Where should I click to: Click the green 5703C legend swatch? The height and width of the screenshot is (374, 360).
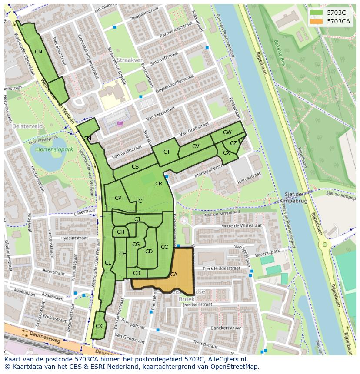tap(316, 13)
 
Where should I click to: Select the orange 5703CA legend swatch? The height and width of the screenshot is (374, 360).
tap(316, 21)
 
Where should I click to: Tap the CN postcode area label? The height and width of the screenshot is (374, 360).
tap(38, 52)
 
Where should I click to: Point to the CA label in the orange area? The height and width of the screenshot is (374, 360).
tap(174, 274)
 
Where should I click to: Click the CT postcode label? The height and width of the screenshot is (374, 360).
tap(167, 152)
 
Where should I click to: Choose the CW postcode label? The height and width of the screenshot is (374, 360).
tap(227, 132)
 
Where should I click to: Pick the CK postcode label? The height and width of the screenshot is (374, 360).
tap(99, 326)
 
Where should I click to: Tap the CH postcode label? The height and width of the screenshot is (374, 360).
tap(120, 232)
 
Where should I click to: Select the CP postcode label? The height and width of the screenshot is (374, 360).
tap(118, 198)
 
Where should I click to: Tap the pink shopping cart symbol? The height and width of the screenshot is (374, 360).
tap(120, 123)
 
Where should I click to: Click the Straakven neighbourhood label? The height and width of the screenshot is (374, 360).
tap(130, 60)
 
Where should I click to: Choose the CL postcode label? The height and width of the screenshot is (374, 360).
tap(108, 263)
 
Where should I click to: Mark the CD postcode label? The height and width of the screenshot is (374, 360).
tap(149, 251)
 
